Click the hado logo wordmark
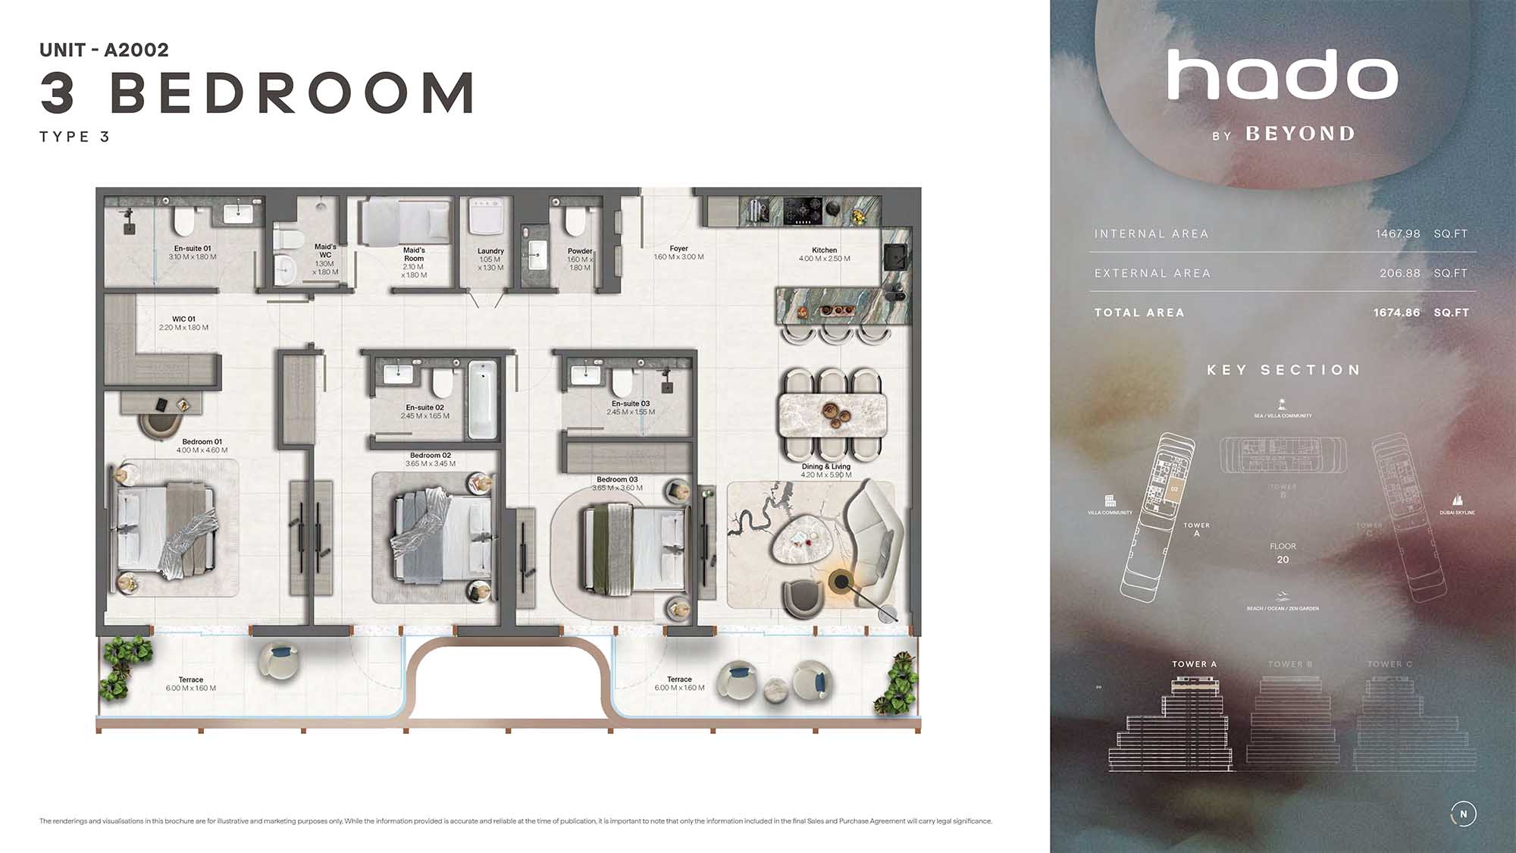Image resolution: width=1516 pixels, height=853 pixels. tap(1282, 75)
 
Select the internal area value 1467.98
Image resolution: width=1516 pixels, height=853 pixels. tap(1398, 234)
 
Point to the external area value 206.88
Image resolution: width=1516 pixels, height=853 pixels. tap(1399, 273)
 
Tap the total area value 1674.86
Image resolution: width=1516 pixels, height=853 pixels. tap(1396, 312)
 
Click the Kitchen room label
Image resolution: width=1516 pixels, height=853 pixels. tap(824, 250)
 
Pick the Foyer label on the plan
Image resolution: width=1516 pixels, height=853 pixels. tap(678, 249)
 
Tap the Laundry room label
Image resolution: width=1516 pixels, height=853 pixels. tap(490, 251)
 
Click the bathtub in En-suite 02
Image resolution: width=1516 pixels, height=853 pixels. tap(481, 399)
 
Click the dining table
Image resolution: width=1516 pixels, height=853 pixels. tap(832, 413)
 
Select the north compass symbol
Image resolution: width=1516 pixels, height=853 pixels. tap(1463, 814)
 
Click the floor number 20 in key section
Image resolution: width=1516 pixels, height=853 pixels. tap(1283, 560)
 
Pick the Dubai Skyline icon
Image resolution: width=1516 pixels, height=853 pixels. tap(1457, 500)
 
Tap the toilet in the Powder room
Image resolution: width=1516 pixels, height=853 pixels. tap(575, 221)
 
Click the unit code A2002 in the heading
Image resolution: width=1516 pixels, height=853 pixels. tap(136, 50)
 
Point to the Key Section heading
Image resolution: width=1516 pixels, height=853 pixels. tap(1283, 370)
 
